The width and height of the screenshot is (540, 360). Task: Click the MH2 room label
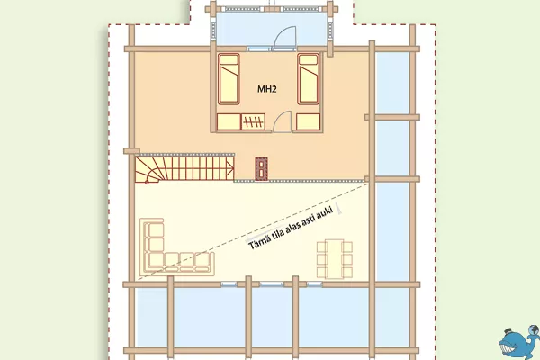point(267,89)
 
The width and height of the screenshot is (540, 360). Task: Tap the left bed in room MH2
point(229,79)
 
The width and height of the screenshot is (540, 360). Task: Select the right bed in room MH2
point(309,79)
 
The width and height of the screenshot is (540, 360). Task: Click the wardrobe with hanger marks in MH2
point(253,121)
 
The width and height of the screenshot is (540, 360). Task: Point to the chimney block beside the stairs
point(261,169)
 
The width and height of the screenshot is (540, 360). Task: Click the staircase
point(184,169)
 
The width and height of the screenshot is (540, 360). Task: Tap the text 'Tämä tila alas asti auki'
point(292,228)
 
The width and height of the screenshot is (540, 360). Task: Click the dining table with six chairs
point(335,258)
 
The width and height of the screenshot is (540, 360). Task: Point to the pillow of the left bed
point(229,60)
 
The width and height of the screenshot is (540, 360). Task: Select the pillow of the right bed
point(309,60)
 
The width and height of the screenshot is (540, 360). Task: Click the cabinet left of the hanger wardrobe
point(229,122)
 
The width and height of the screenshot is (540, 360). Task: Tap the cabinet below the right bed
point(308,122)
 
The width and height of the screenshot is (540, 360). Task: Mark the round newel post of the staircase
point(147,182)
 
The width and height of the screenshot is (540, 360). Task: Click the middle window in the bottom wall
point(272,284)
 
